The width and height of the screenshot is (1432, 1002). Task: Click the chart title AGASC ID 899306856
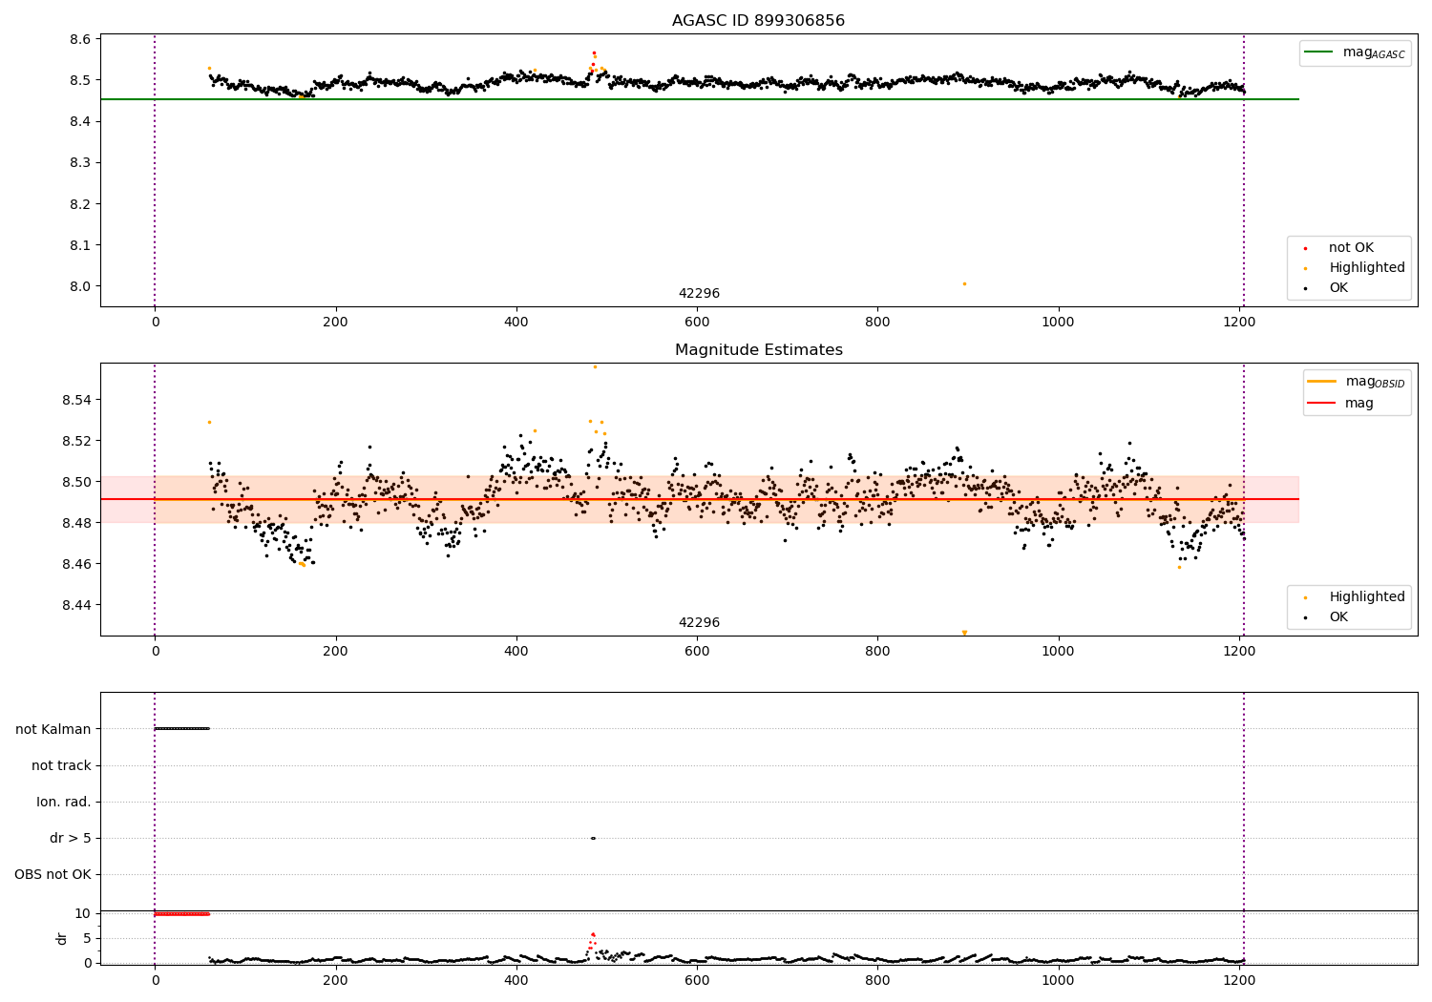758,21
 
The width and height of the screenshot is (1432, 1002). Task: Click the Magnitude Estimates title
758,350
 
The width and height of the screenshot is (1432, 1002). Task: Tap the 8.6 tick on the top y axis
80,39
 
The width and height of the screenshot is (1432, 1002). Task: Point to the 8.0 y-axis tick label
80,286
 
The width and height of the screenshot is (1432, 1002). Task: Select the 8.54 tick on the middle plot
76,400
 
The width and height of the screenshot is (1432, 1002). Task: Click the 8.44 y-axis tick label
76,605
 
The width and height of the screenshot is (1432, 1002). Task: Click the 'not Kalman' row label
53,729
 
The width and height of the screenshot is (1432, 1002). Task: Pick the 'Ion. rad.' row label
64,802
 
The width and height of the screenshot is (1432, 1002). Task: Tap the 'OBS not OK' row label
53,874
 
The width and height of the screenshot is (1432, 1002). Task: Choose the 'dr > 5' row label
71,838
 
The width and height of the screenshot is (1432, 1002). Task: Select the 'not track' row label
61,765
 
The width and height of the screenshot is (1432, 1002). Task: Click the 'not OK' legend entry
1351,248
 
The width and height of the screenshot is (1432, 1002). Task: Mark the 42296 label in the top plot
699,294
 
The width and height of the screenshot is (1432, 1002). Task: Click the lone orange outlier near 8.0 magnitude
964,283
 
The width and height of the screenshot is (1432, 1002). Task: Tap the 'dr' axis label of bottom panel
62,938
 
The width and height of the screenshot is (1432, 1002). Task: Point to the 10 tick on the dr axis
82,913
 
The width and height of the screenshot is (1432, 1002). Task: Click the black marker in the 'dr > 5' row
593,838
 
